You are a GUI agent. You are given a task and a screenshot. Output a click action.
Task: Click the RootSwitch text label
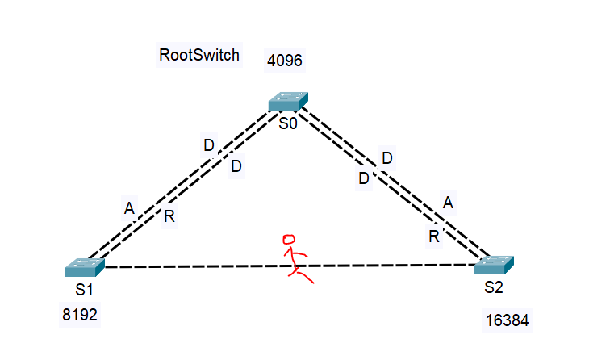[x=199, y=56]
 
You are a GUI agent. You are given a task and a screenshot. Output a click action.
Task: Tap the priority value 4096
[x=285, y=61]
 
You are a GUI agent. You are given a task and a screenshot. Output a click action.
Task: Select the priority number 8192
[x=80, y=315]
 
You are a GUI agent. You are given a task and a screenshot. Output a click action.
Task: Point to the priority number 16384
[x=508, y=320]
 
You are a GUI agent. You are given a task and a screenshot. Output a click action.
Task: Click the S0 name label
[x=289, y=123]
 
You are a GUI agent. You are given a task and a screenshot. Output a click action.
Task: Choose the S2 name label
[x=494, y=287]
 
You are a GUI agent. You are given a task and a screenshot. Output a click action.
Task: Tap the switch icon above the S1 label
[x=85, y=267]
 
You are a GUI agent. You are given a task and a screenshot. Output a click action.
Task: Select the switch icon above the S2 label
[x=494, y=265]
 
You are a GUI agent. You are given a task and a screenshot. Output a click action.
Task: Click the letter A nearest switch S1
[x=129, y=209]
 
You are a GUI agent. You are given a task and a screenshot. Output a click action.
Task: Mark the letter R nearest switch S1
[x=169, y=216]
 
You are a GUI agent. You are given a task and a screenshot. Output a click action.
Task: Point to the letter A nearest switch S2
[x=449, y=203]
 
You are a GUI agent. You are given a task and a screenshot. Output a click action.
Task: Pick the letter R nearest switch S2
[x=433, y=236]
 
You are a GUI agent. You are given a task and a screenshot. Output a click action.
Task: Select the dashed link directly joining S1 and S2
[x=202, y=266]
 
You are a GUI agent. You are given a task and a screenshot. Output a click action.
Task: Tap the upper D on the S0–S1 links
[x=209, y=146]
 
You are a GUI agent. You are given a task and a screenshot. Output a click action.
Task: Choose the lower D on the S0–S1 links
[x=236, y=166]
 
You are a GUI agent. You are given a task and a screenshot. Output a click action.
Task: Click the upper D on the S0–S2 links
[x=386, y=158]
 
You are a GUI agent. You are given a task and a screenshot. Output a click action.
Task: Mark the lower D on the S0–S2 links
[x=364, y=178]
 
